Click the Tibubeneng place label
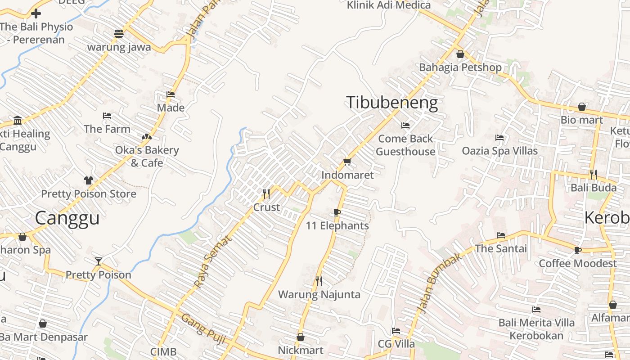[x=391, y=103]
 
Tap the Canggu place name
[x=67, y=218]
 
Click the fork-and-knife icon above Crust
[x=266, y=194]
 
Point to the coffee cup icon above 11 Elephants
[x=337, y=212]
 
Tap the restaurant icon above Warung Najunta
[x=319, y=281]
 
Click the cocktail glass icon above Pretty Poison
[x=99, y=261]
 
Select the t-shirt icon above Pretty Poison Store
[x=88, y=180]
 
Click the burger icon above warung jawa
[x=119, y=33]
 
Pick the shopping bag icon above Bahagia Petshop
[x=460, y=54]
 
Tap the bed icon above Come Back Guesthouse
[x=405, y=126]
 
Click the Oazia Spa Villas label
[x=499, y=151]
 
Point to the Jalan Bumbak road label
[x=434, y=283]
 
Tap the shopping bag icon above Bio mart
[x=581, y=107]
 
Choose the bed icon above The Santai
[x=500, y=235]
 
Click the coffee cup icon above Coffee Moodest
[x=578, y=250]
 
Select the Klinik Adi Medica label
[x=389, y=5]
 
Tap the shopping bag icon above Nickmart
[x=301, y=337]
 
